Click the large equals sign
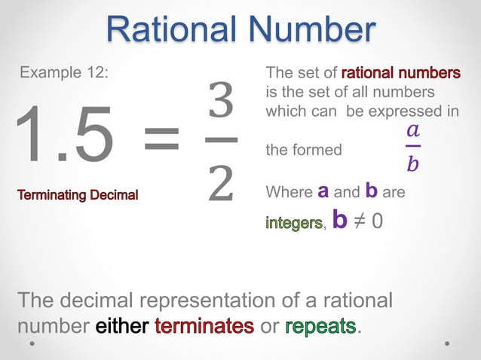(161, 137)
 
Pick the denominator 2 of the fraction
(220, 182)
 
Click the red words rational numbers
(400, 74)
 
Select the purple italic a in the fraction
(412, 130)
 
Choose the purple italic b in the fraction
(412, 163)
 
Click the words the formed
(304, 150)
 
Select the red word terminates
(204, 326)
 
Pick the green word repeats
(320, 326)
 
